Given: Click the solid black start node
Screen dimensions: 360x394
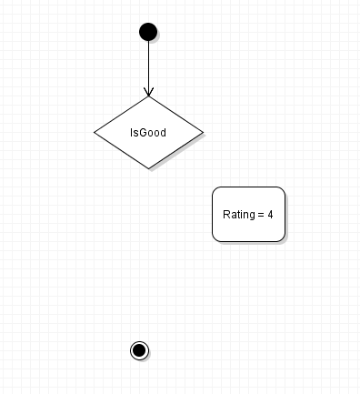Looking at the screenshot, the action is coord(148,32).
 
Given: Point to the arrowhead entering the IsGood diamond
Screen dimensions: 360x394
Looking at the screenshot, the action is coord(148,92).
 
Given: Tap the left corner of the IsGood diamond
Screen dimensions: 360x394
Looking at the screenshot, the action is coord(95,133).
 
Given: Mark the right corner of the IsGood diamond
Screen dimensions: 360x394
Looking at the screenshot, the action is coord(203,133).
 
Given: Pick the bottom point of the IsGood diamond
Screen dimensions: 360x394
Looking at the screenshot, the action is coord(148,168).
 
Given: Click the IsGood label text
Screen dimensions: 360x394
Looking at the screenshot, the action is coord(148,133).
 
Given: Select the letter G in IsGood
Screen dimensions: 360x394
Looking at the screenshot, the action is coord(143,133).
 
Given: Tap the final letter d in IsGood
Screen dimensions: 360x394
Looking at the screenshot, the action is coord(163,133).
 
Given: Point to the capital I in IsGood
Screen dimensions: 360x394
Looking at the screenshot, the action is coord(131,133).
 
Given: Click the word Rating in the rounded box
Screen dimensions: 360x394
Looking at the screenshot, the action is coord(239,215).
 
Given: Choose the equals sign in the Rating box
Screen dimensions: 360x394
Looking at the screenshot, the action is coord(261,215).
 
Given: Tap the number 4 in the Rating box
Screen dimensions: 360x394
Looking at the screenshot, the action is coord(270,215).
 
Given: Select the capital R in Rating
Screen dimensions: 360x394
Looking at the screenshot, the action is coord(226,215).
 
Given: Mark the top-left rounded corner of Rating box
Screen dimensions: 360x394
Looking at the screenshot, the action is coord(215,189).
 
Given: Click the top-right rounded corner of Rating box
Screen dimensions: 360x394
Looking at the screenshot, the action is coord(283,189).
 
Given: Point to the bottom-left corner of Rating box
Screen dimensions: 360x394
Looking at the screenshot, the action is coord(215,239).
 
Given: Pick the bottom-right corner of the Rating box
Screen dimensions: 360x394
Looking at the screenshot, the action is coord(283,239).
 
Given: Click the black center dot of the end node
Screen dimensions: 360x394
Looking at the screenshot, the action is coord(139,350).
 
